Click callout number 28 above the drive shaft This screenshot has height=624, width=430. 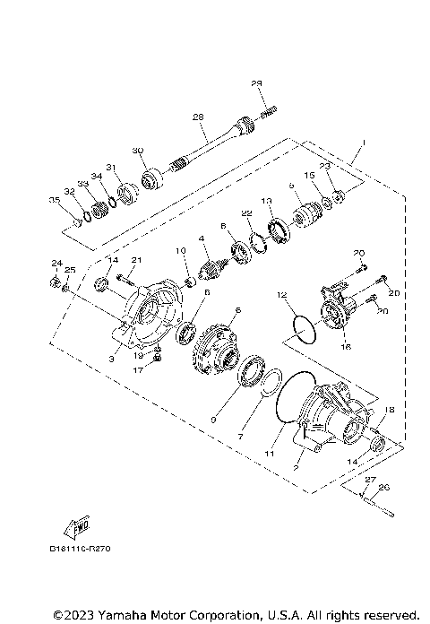pyautogui.click(x=198, y=117)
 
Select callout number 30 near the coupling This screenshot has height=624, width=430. pyautogui.click(x=137, y=150)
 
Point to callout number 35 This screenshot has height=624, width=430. pyautogui.click(x=53, y=199)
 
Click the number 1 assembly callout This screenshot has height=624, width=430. pyautogui.click(x=364, y=143)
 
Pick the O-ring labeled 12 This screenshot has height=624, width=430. pyautogui.click(x=302, y=328)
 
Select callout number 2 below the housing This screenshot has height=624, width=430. pyautogui.click(x=297, y=467)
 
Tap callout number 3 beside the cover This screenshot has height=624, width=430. pyautogui.click(x=111, y=358)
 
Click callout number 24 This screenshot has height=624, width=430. pyautogui.click(x=56, y=263)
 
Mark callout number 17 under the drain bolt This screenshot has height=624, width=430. pyautogui.click(x=139, y=368)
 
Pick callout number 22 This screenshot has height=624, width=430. pyautogui.click(x=245, y=212)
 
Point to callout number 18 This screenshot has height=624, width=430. pyautogui.click(x=389, y=409)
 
